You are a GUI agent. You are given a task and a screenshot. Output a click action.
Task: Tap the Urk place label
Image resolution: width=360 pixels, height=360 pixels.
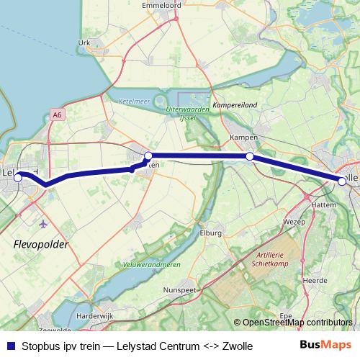[85, 43]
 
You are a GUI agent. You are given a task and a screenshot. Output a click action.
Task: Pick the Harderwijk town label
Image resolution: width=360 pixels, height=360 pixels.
[96, 316]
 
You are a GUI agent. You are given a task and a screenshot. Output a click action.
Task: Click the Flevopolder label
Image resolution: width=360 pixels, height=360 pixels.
[40, 246]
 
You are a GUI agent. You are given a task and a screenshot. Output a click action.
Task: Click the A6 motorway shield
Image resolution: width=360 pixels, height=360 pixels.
[58, 114]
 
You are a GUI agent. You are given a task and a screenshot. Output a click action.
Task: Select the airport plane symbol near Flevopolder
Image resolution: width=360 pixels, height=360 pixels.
[44, 223]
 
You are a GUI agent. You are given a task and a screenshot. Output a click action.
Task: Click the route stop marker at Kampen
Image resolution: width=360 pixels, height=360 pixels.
[249, 156]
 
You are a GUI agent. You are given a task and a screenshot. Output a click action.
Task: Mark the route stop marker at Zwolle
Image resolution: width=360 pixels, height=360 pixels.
[342, 181]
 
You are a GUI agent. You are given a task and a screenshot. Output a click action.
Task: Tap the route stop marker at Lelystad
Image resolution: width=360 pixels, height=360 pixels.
[18, 175]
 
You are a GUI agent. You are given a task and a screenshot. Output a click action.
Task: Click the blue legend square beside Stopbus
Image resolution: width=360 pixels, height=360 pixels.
[9, 346]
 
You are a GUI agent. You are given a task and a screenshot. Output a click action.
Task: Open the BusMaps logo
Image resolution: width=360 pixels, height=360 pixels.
[325, 346]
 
